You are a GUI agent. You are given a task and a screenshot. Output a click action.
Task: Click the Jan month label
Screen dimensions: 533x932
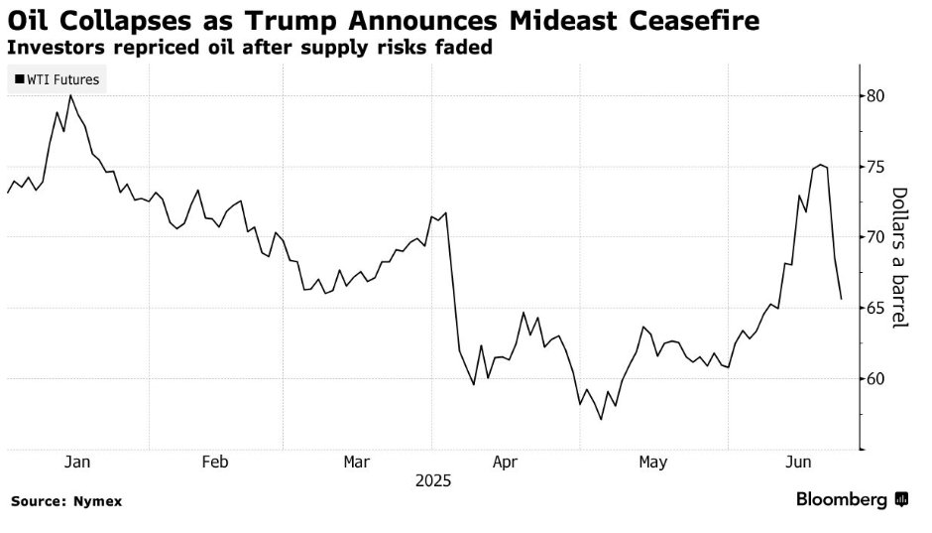(x=77, y=463)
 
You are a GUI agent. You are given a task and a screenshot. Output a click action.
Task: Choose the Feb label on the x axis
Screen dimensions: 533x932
(x=215, y=463)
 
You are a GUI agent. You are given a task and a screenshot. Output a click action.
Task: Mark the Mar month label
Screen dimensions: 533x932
(x=357, y=463)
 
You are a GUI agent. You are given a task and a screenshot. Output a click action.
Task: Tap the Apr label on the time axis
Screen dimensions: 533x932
(x=504, y=463)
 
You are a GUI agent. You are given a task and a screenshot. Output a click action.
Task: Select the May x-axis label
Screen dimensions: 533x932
(x=652, y=463)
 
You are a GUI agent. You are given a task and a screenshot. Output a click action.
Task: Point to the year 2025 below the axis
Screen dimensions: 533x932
(x=433, y=481)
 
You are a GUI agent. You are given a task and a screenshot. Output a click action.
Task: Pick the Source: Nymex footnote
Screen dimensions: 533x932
(x=66, y=501)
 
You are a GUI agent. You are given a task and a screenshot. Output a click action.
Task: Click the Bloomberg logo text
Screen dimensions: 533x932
(x=842, y=500)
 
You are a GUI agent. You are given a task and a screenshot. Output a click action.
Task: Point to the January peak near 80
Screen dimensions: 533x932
(x=70, y=95)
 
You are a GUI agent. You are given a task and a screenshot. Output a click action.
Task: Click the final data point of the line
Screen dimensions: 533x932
(x=842, y=299)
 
